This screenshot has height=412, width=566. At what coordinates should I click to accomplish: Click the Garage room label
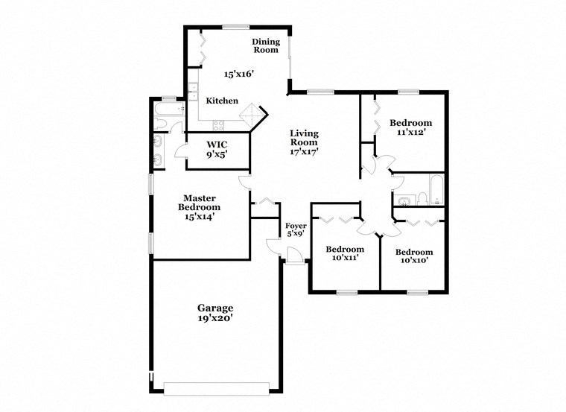(215, 308)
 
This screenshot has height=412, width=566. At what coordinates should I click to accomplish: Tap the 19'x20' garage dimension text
(215, 318)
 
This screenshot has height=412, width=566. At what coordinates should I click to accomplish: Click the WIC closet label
(217, 143)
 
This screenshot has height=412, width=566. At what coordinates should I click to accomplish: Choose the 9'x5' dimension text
(217, 154)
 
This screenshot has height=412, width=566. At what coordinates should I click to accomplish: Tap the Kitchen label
(222, 101)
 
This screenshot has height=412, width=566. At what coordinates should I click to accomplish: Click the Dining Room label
(265, 45)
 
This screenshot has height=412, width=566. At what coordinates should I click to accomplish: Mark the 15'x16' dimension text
(239, 74)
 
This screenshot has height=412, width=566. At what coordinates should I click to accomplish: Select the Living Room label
(304, 138)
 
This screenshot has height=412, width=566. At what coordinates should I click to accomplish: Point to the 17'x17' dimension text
(305, 151)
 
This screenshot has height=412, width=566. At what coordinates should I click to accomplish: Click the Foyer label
(296, 225)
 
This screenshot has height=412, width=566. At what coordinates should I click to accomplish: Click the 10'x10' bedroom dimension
(413, 261)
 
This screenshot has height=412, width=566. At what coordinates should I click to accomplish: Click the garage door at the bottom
(216, 389)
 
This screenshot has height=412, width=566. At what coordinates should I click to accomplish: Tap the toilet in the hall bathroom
(422, 197)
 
